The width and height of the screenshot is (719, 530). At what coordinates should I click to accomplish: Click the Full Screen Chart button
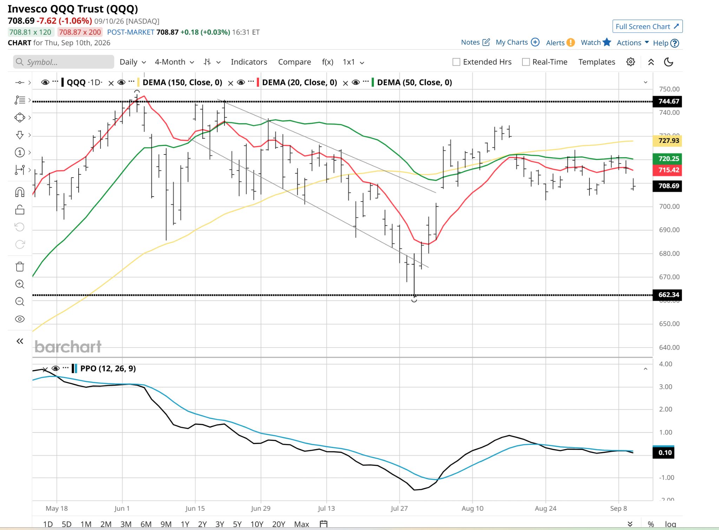(x=647, y=26)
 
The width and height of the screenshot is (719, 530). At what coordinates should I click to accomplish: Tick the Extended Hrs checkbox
(x=456, y=62)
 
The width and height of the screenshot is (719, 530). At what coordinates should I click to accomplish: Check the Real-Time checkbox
(x=526, y=62)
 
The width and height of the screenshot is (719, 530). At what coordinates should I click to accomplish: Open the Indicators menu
(x=249, y=62)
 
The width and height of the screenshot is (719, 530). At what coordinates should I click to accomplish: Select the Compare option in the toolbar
(x=295, y=62)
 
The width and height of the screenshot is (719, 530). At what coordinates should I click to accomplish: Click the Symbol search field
(x=64, y=62)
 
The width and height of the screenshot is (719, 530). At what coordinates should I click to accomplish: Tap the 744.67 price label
(x=667, y=101)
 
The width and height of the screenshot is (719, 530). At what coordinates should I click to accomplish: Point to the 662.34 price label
(x=667, y=295)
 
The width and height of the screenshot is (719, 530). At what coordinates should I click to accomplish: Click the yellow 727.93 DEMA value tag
(x=667, y=141)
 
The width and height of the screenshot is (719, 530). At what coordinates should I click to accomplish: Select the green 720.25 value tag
(x=667, y=159)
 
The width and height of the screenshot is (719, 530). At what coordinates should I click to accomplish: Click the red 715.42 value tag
(x=667, y=170)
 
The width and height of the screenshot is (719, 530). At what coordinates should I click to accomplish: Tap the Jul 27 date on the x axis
(x=399, y=509)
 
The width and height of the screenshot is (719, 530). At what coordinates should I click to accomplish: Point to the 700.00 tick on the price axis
(x=669, y=206)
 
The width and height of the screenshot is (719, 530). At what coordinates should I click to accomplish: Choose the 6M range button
(x=146, y=524)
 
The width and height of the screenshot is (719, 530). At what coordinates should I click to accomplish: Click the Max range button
(x=302, y=524)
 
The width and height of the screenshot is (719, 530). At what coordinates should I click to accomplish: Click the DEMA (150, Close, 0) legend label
(x=182, y=82)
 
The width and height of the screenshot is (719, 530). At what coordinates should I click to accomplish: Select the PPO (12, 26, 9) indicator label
(x=108, y=369)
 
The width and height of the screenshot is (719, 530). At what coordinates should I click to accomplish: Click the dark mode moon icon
(x=668, y=62)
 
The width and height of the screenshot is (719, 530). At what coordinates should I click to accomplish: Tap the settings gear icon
(x=631, y=62)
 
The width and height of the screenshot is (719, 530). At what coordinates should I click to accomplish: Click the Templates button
(x=597, y=62)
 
